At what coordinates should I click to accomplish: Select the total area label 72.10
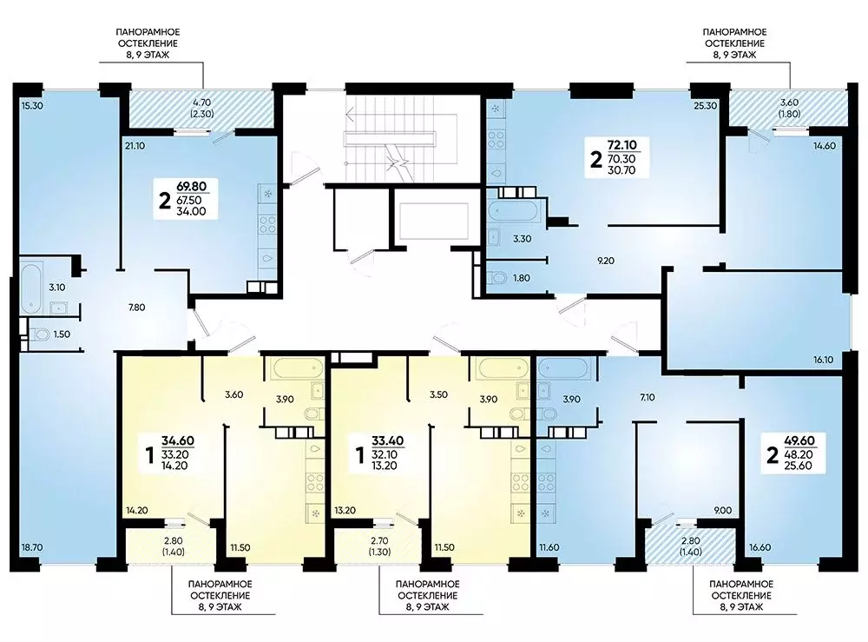621,145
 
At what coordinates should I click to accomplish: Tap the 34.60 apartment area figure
178,441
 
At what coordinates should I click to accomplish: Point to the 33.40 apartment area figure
387,441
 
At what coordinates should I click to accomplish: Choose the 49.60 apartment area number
799,441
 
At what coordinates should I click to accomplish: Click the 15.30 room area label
32,105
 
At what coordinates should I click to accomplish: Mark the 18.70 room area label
32,547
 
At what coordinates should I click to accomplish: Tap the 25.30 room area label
705,105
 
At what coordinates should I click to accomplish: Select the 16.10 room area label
823,360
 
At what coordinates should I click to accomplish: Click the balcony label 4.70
202,103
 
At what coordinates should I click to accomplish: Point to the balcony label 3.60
789,103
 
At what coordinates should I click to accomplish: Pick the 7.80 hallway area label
137,308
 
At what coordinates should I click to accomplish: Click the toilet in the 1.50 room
38,334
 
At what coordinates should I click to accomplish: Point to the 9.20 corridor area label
606,261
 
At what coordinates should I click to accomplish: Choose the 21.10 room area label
135,146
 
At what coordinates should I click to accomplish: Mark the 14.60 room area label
825,146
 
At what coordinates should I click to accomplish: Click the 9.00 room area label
723,510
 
